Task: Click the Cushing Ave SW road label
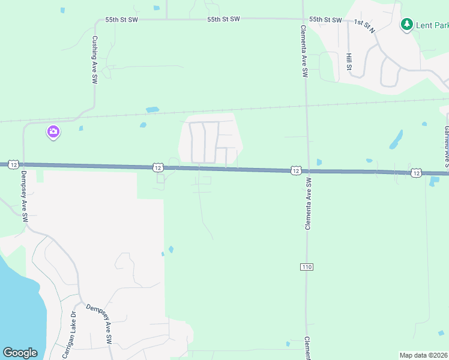coord(94,58)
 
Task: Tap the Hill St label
coord(349,61)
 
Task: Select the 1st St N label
coord(364,26)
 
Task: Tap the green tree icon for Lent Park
coord(407,25)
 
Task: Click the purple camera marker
coord(53,131)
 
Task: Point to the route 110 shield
coord(307,266)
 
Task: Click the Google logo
coord(20,353)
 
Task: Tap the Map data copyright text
coord(424,355)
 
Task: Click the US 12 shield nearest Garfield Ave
coord(416,173)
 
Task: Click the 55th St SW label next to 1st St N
coord(325,20)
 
